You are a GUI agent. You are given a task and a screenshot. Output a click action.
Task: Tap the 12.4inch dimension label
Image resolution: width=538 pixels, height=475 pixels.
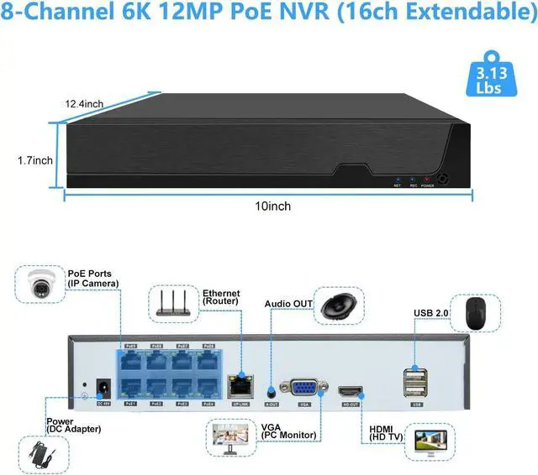point(84,104)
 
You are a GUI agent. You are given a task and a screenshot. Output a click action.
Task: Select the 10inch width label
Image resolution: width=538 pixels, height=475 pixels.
point(269,205)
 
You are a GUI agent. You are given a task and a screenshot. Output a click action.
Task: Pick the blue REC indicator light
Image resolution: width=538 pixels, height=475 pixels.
point(412,179)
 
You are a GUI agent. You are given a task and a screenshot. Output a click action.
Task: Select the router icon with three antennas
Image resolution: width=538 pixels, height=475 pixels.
point(171,303)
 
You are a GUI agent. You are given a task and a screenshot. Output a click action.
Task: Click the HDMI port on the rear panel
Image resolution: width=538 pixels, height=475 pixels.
point(351,391)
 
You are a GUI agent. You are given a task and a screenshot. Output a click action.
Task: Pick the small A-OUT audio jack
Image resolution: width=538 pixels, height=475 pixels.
point(271,391)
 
